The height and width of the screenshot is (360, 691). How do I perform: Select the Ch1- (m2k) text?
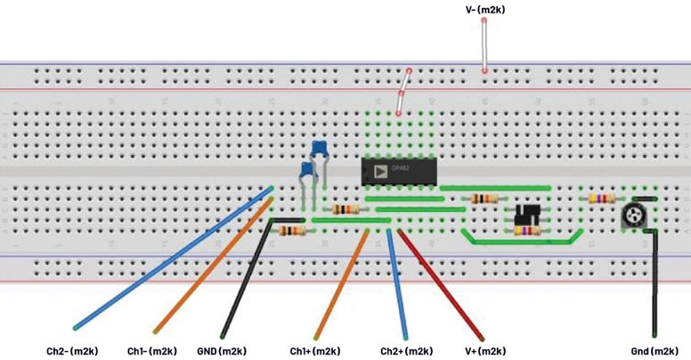pyautogui.click(x=151, y=350)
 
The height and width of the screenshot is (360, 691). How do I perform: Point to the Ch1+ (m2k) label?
pyautogui.click(x=315, y=350)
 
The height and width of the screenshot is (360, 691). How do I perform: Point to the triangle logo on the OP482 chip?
pyautogui.click(x=380, y=170)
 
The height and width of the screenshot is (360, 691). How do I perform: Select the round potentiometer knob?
pyautogui.click(x=634, y=214)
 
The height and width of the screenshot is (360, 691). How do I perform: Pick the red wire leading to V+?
pyautogui.click(x=441, y=285)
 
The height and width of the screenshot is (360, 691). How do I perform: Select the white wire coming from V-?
pyautogui.click(x=485, y=45)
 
